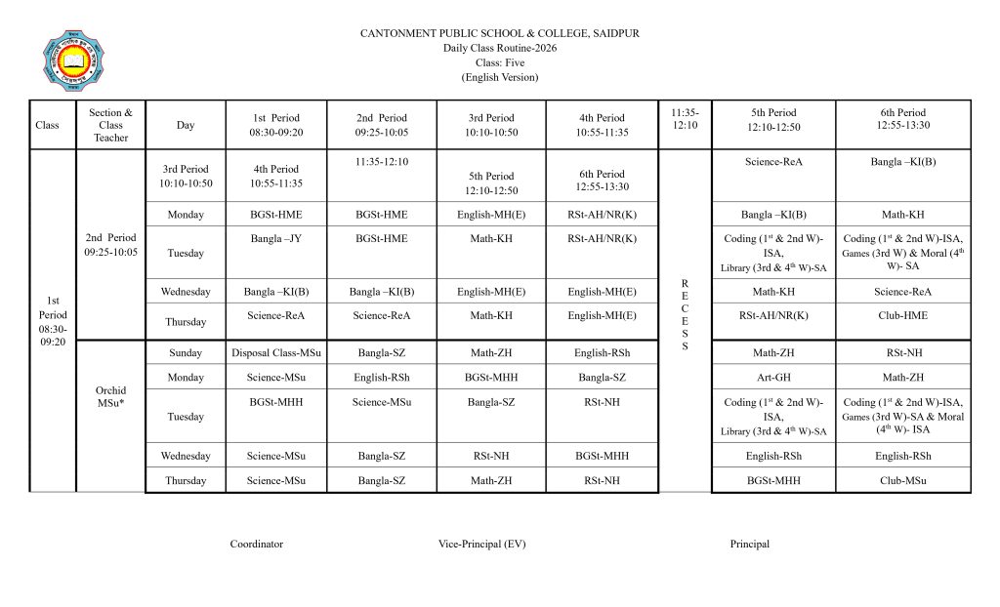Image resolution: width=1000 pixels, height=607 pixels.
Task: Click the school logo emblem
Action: [74, 61]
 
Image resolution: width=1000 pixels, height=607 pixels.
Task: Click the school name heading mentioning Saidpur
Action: [499, 33]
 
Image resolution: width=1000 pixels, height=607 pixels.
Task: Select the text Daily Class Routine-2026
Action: [499, 48]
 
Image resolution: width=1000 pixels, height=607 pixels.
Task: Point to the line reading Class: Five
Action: [499, 62]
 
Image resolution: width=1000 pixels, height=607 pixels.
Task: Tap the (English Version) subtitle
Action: [499, 77]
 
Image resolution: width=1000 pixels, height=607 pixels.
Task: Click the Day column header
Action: [186, 125]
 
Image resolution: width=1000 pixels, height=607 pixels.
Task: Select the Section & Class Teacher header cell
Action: [110, 125]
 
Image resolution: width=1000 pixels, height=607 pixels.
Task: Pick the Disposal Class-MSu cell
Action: [276, 353]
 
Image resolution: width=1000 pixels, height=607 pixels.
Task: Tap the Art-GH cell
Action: [773, 378]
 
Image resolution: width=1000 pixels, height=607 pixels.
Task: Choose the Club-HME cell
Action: [903, 315]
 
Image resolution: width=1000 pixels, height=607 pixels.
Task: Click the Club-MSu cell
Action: [903, 480]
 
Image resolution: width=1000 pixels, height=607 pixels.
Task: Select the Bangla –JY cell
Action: [276, 237]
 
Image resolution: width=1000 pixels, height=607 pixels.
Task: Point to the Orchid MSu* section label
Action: [110, 397]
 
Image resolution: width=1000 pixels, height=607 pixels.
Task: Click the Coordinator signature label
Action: [257, 544]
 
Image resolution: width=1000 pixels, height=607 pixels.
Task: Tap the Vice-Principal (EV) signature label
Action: [481, 544]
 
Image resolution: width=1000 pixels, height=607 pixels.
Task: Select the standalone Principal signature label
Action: [749, 544]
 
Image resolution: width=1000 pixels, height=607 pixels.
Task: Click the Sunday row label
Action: [186, 353]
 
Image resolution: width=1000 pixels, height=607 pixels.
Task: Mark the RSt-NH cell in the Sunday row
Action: [903, 353]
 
